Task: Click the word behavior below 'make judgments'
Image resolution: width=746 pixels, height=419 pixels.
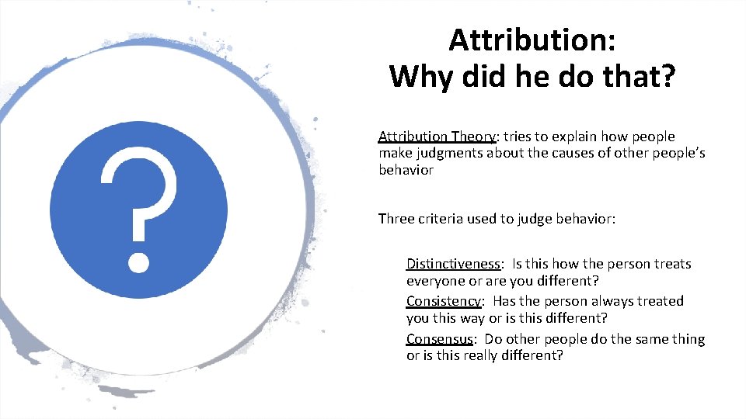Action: coord(406,170)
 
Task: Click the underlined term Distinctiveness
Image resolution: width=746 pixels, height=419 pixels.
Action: coord(453,264)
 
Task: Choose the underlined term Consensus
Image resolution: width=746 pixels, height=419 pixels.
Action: coord(440,339)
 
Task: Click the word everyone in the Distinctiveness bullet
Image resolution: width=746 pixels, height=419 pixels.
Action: coord(435,280)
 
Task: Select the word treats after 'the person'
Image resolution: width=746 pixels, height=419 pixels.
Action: coord(670,264)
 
